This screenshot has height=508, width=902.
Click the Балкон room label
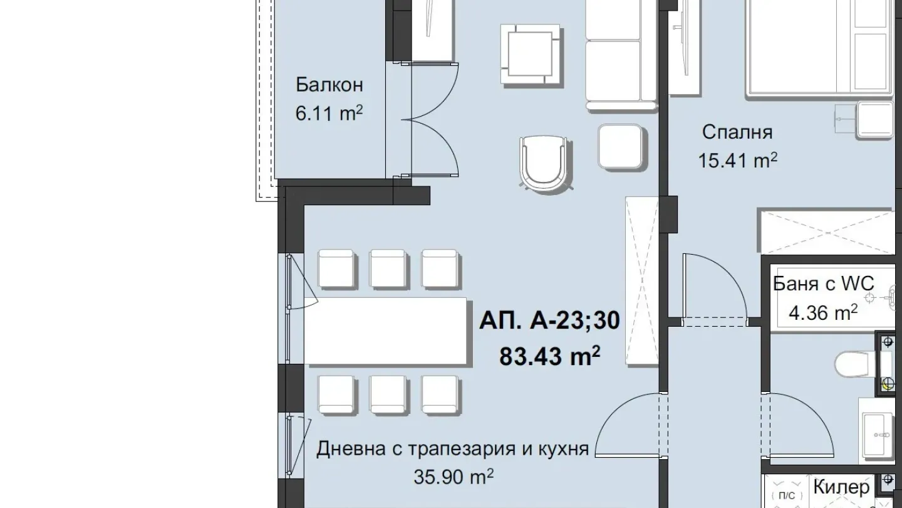(x=329, y=85)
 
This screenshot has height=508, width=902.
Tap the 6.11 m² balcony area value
(x=329, y=114)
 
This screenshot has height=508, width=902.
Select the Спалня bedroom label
(x=737, y=132)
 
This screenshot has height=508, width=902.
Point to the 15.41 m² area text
(x=737, y=161)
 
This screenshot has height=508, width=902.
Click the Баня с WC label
(x=823, y=283)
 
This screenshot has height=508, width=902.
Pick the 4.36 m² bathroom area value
(x=823, y=312)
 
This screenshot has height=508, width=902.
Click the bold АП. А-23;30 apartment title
(x=549, y=321)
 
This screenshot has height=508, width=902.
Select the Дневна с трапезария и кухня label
(x=452, y=450)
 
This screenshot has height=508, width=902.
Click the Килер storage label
(x=841, y=487)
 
